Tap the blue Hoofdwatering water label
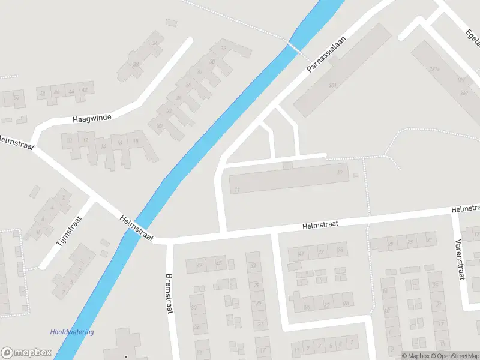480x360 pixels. pos(72,332)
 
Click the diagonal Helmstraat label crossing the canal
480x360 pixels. pos(136,229)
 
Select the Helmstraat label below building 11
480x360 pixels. pos(320,224)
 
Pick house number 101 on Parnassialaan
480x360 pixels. pos(332,86)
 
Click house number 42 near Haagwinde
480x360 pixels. pos(85,90)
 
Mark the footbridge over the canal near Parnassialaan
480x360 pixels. pos(294,47)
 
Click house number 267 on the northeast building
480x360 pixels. pos(464,93)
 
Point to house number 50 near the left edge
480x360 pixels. pos(17,97)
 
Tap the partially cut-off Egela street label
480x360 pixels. pos(472,37)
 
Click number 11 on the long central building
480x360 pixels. pos(238,190)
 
